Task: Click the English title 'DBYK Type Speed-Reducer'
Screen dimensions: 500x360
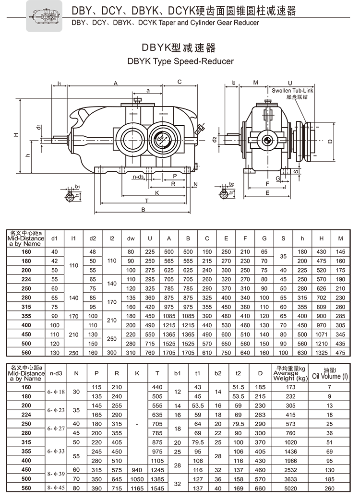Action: tap(180, 61)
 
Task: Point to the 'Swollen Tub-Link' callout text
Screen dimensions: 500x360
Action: tap(292, 90)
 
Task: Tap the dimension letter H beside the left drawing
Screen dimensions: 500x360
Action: tap(16, 135)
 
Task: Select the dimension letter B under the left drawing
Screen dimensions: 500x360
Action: tap(143, 210)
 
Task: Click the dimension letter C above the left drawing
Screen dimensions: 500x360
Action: tap(179, 82)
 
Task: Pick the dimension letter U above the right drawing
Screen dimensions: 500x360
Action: tap(290, 82)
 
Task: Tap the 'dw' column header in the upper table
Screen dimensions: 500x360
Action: tap(131, 238)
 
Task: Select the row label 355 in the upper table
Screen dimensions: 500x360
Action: tap(26, 316)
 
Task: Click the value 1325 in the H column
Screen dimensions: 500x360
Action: tap(321, 353)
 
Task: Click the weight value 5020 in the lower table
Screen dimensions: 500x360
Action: tap(290, 488)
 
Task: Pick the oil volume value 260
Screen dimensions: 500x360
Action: tap(330, 488)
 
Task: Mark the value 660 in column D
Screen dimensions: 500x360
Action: tap(260, 488)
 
